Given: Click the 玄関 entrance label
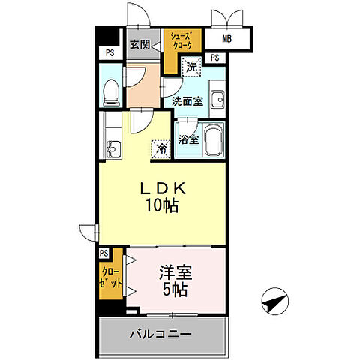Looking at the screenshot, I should pyautogui.click(x=139, y=45).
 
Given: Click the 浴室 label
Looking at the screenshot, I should pyautogui.click(x=187, y=139).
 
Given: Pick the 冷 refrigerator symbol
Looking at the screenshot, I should pyautogui.click(x=160, y=149).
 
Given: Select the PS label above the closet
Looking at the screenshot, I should pyautogui.click(x=103, y=253).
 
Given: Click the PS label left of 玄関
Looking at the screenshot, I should pyautogui.click(x=109, y=53).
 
